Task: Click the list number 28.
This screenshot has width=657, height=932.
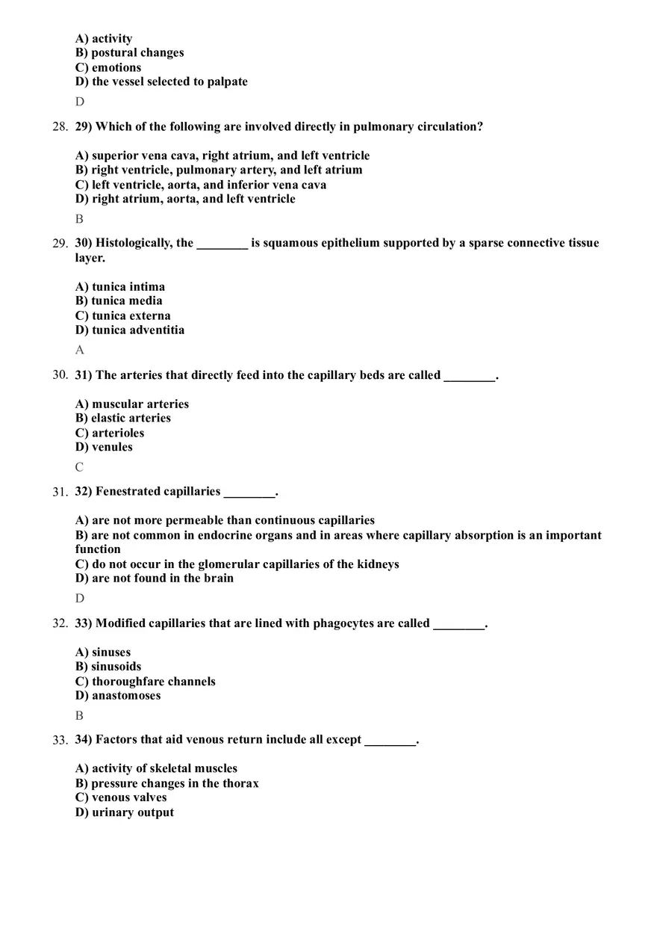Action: click(x=60, y=127)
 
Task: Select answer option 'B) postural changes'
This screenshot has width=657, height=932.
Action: click(x=129, y=53)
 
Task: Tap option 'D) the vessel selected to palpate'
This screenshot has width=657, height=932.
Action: click(x=161, y=82)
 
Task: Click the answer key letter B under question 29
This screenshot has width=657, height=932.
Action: click(x=79, y=219)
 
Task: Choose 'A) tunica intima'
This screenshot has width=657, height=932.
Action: click(x=120, y=287)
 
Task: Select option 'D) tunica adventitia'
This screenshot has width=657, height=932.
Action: click(x=130, y=330)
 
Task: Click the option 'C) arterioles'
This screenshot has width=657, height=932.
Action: click(x=110, y=433)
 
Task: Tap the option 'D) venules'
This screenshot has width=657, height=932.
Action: click(x=104, y=448)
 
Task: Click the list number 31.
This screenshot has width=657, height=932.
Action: click(x=60, y=492)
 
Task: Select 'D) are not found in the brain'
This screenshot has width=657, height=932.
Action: click(x=155, y=578)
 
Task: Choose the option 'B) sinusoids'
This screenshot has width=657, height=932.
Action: click(x=108, y=667)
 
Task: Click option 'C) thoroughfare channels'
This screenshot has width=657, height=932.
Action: click(x=146, y=682)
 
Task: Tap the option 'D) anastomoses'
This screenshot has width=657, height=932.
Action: click(x=118, y=696)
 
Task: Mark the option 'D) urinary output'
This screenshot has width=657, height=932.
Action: click(x=125, y=812)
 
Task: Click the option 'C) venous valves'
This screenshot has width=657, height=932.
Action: click(x=121, y=797)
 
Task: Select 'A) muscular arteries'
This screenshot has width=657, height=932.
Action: click(x=132, y=404)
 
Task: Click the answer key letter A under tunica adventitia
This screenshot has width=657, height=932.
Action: click(x=79, y=350)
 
